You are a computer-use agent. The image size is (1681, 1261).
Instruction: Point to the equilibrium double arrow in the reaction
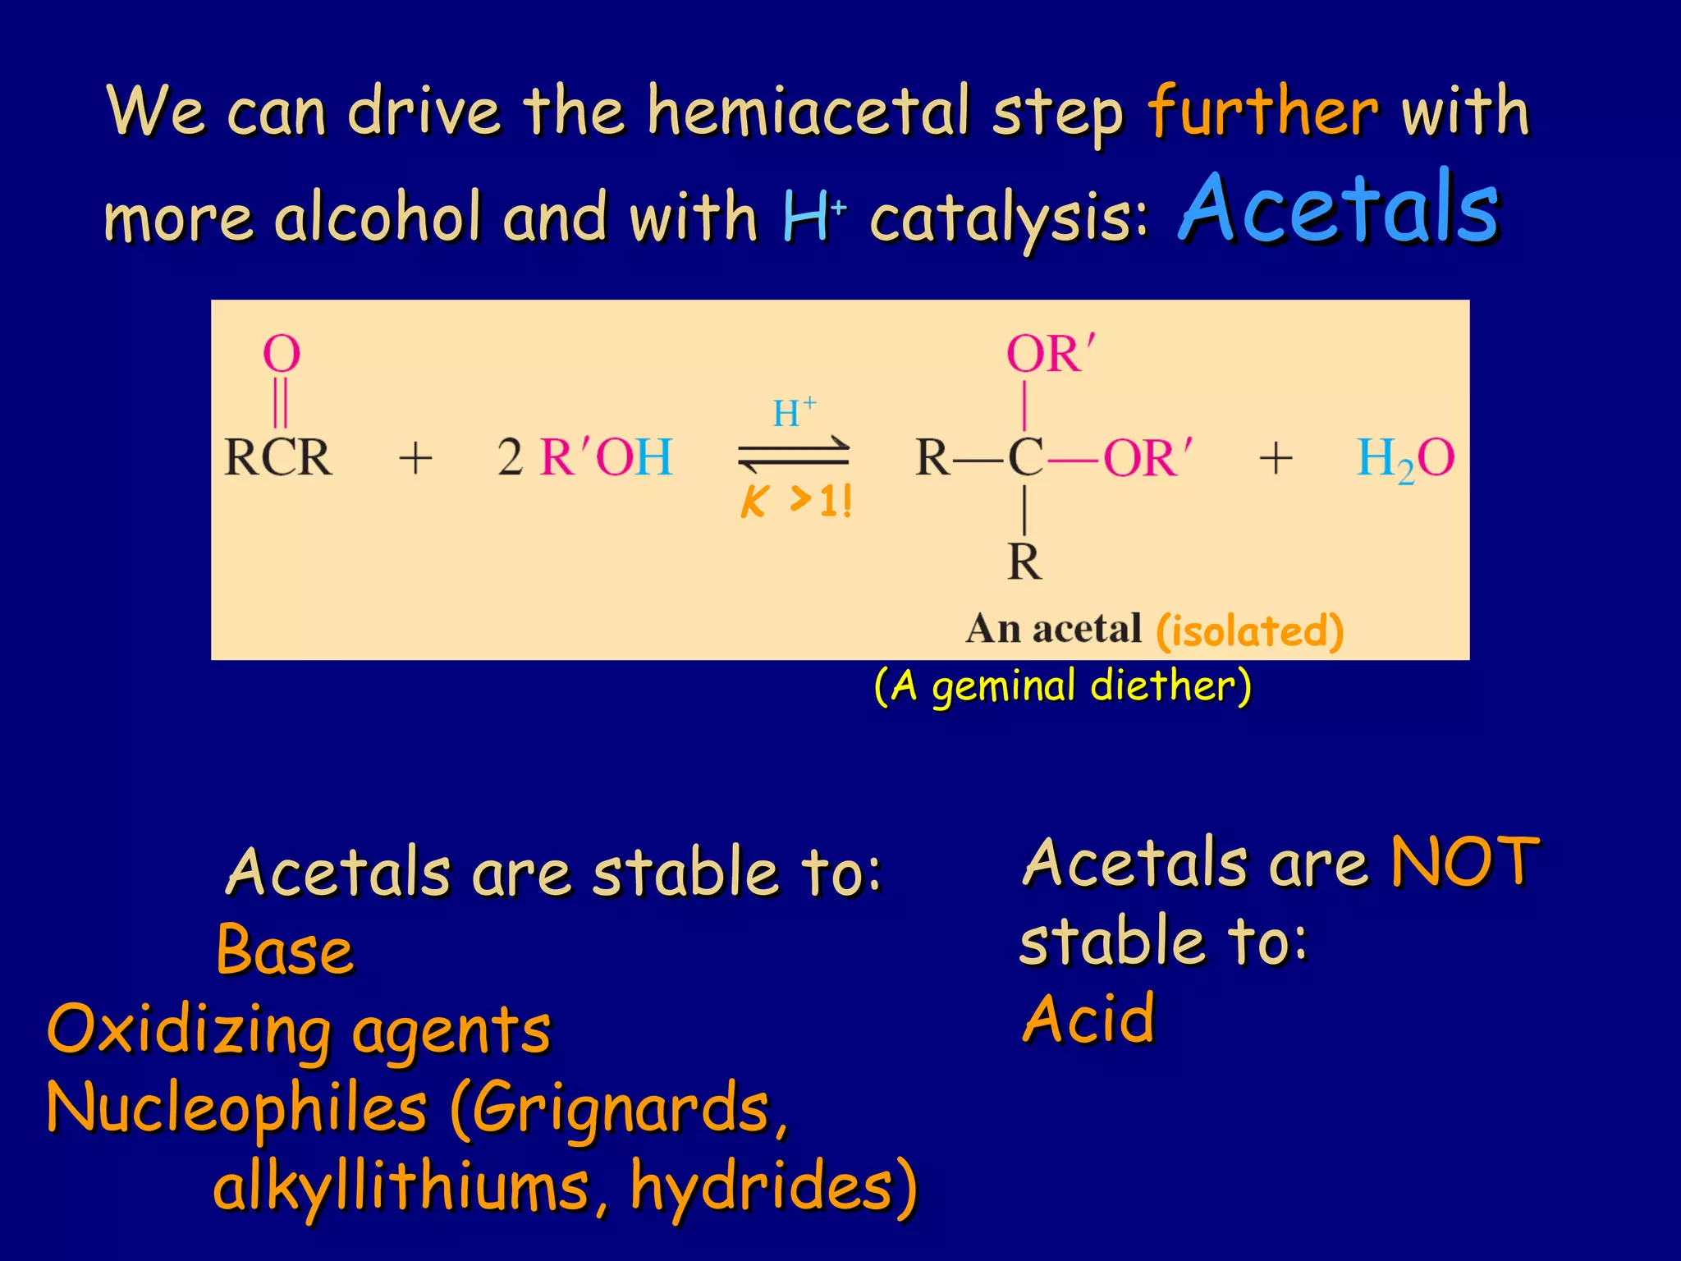click(x=794, y=455)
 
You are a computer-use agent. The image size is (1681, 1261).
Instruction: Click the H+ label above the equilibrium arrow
click(x=794, y=412)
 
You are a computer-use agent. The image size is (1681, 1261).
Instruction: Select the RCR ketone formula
click(x=278, y=457)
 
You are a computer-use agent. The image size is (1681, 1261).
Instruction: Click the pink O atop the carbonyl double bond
click(x=282, y=354)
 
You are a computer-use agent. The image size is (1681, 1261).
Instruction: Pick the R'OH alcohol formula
click(x=606, y=457)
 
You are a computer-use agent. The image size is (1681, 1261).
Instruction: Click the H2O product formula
click(x=1404, y=458)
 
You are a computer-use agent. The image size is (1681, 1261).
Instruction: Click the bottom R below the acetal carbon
click(x=1025, y=562)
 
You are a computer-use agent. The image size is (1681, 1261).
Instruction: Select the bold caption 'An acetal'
click(x=1054, y=629)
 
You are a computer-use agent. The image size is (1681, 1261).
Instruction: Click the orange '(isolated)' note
click(x=1249, y=630)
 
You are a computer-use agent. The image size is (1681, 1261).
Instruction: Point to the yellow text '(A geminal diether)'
click(x=1063, y=686)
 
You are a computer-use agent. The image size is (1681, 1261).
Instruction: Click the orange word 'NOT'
click(x=1465, y=862)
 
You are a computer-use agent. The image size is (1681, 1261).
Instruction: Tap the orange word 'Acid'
click(x=1089, y=1019)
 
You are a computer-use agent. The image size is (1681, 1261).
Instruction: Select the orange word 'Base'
click(x=285, y=951)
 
